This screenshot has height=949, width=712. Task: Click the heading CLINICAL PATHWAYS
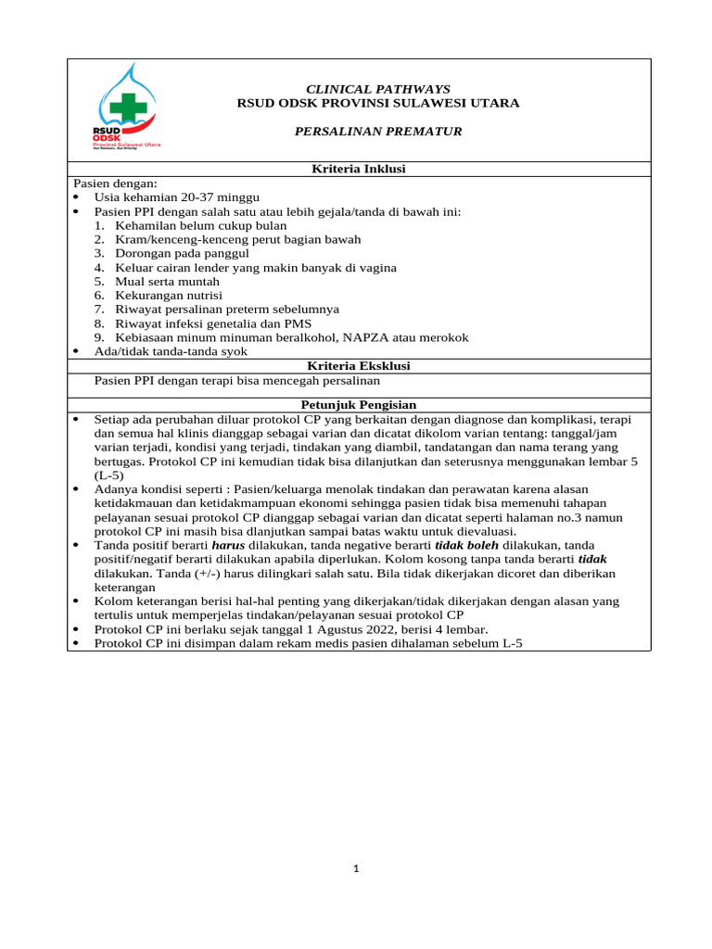[x=377, y=89]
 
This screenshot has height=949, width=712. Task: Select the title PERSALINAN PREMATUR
[x=377, y=132]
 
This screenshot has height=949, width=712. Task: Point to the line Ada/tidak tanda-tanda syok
[x=171, y=351]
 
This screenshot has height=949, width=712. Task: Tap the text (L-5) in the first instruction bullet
[x=109, y=474]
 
